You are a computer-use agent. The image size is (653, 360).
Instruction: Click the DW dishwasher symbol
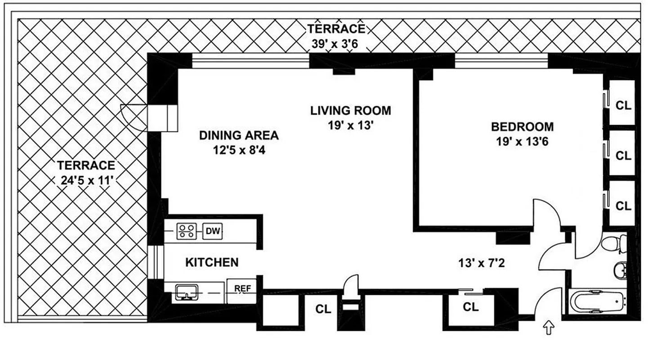point(212,232)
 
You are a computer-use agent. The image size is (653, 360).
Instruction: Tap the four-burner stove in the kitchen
point(186,232)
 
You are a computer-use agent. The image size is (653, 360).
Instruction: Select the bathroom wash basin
point(620,270)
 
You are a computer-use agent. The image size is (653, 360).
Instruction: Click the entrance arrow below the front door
point(549,328)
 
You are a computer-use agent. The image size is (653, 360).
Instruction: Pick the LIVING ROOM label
point(350,110)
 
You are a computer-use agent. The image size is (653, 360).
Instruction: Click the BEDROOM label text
point(522,126)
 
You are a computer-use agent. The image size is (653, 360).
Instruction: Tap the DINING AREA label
point(239,135)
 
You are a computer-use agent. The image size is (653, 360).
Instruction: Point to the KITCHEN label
point(211,262)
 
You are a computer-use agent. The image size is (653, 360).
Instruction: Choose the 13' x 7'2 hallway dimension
point(481,262)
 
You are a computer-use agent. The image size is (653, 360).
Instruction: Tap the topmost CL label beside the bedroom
point(623,106)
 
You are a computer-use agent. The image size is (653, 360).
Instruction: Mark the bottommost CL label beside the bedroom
point(623,206)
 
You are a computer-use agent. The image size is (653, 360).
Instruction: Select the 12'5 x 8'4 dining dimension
point(239,150)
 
